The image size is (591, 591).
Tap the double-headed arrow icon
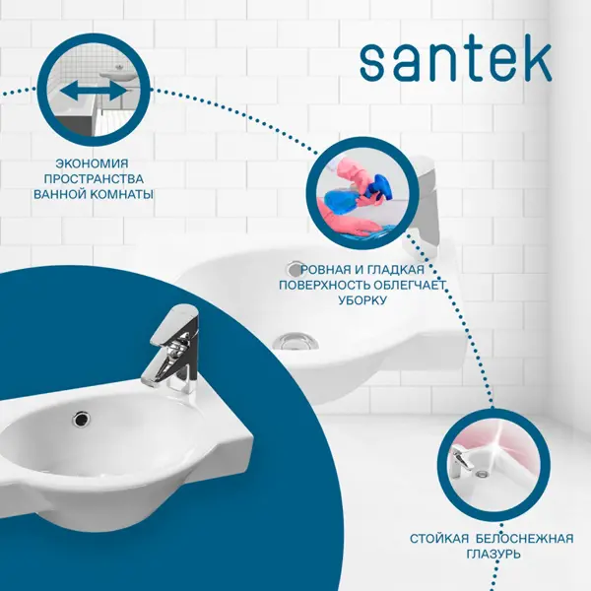click(94, 92)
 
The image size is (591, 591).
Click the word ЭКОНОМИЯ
click(93, 164)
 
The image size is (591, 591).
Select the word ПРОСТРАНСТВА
click(94, 179)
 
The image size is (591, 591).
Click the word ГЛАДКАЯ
click(396, 270)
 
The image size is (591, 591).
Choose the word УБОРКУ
click(362, 300)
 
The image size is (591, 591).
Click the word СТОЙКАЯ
click(439, 539)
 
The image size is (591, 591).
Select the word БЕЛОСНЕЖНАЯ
click(525, 539)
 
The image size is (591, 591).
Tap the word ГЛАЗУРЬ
click(493, 554)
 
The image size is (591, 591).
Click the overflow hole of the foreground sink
click(81, 419)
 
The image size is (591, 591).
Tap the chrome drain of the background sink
click(295, 341)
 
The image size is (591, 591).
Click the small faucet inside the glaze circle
click(462, 461)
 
